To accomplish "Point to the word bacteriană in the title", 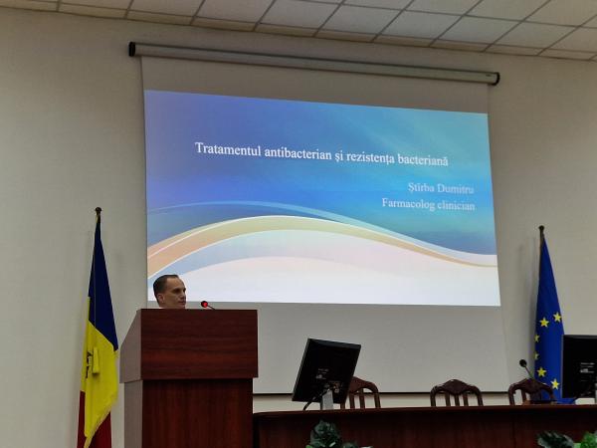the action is click(x=423, y=160).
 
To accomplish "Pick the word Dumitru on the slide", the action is click(x=455, y=188).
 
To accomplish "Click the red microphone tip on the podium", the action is click(x=204, y=304).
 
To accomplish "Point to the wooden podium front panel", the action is click(x=199, y=344).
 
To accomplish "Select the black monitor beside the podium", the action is click(x=326, y=370).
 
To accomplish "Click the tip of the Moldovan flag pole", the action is click(x=99, y=209).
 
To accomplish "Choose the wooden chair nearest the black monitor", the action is click(x=362, y=392).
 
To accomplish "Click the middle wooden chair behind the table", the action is click(x=457, y=392).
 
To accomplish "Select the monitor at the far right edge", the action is click(x=579, y=366).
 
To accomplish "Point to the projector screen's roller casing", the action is click(x=314, y=62).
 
